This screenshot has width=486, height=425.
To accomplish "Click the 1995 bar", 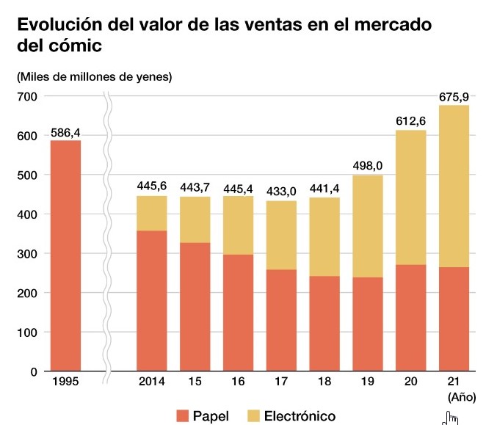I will [x=65, y=255].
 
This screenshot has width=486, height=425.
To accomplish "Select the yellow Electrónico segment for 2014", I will [x=151, y=214].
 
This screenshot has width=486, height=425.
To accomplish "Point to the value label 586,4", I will [x=65, y=132].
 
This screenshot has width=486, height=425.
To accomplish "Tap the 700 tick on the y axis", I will [x=26, y=97].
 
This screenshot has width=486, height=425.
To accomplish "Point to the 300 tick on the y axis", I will [x=26, y=253].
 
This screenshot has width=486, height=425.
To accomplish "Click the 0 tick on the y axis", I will [x=33, y=371].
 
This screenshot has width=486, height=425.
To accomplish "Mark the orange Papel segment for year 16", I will [x=238, y=313].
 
